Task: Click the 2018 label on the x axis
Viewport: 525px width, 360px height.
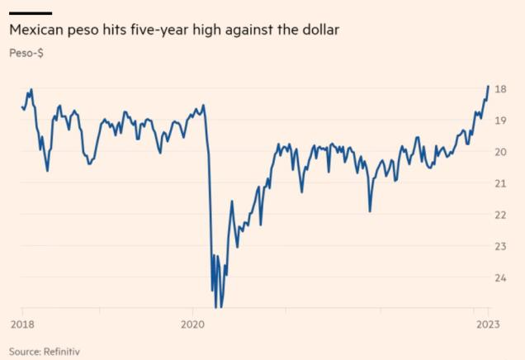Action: (22, 324)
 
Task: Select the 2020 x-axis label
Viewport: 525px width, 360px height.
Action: (192, 324)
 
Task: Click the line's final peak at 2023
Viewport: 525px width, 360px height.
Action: (489, 86)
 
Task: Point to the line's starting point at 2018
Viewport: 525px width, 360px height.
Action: (21, 107)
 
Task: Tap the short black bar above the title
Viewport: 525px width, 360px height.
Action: (30, 13)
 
